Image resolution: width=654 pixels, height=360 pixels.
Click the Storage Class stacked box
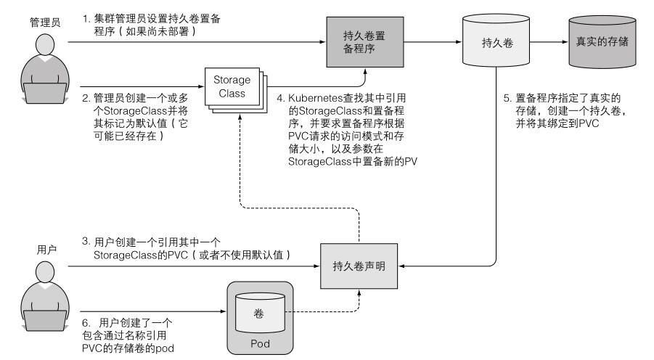point(232,88)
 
